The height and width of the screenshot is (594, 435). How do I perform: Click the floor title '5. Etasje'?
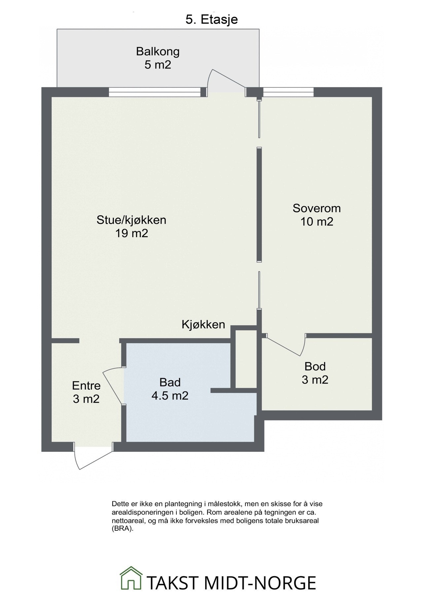pos(211,19)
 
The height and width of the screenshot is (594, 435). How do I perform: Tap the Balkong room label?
pos(158,51)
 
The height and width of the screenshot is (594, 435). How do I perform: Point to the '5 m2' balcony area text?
pos(158,65)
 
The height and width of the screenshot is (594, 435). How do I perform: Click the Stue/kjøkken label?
pos(131,220)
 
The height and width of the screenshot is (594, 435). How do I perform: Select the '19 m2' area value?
pos(131,233)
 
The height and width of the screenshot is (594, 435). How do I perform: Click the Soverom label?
pos(316,208)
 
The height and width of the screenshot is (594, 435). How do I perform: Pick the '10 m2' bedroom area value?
pos(316,222)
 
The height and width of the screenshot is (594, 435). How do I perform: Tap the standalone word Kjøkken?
pos(203,325)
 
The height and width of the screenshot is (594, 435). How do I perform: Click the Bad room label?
pos(170,382)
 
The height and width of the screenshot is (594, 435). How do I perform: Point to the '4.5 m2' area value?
pos(170,395)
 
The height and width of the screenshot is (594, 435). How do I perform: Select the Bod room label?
pos(315,366)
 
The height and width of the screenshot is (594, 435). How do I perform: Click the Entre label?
pos(86,385)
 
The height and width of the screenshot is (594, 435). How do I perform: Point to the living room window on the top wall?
pos(155,92)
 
